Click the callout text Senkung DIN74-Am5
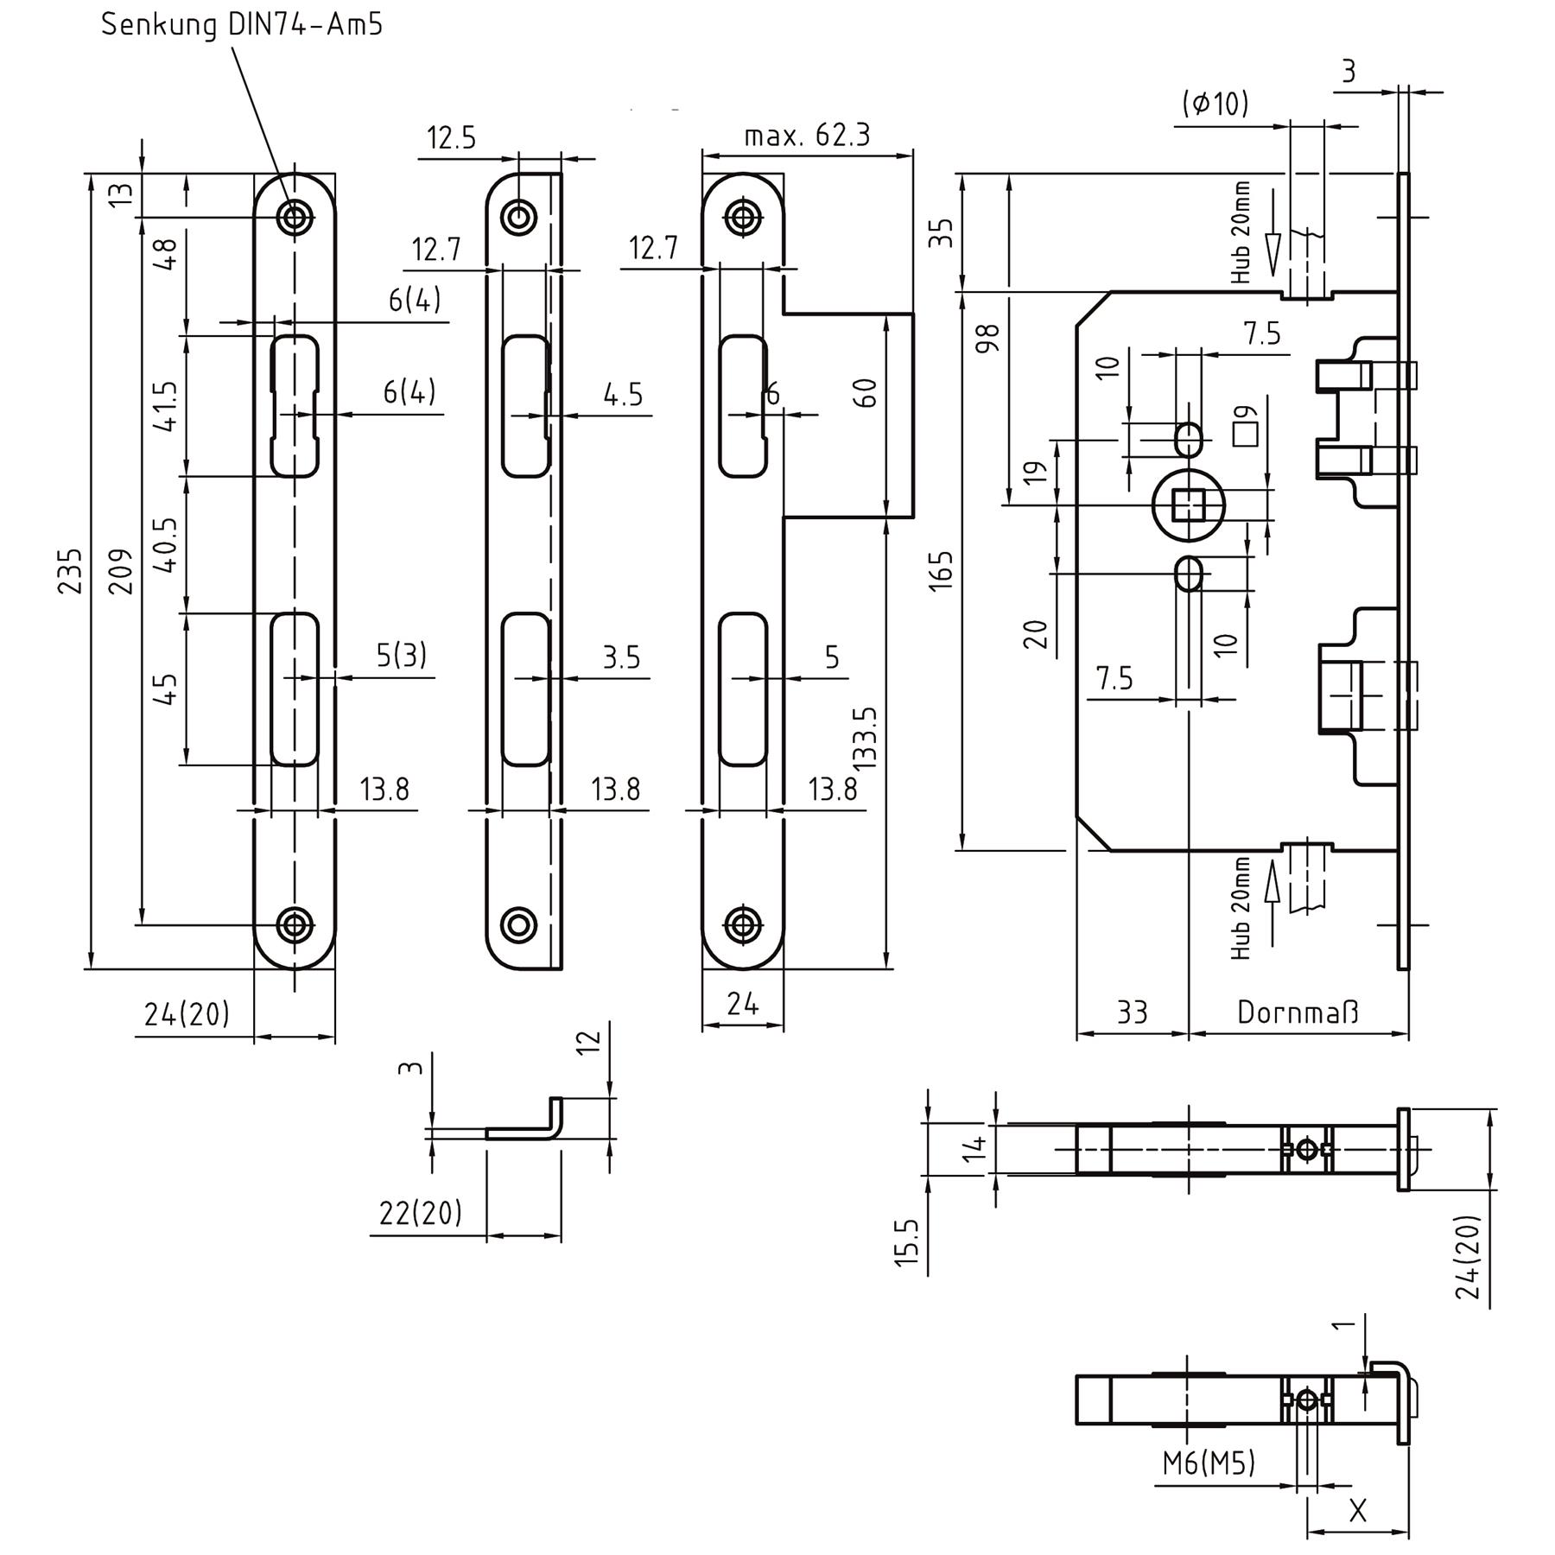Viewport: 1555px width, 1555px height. pyautogui.click(x=242, y=24)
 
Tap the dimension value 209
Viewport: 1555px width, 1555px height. pyautogui.click(x=122, y=570)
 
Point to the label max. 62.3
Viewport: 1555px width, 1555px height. pyautogui.click(x=807, y=136)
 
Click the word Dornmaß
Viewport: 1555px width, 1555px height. pyautogui.click(x=1298, y=1012)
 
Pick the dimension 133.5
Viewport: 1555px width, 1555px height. pyautogui.click(x=865, y=737)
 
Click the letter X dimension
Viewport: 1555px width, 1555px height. pyautogui.click(x=1357, y=1511)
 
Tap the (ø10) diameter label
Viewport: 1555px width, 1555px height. pyautogui.click(x=1215, y=105)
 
